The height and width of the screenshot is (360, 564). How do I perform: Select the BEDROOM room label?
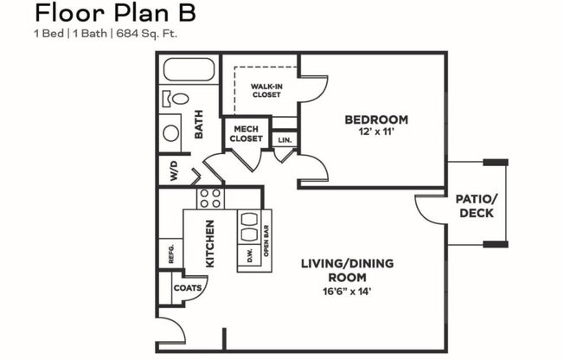(375, 119)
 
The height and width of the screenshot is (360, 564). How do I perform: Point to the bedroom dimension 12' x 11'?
(375, 133)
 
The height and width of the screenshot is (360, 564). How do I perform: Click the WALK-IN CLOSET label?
(267, 91)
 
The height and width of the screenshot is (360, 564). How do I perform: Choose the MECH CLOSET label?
(246, 134)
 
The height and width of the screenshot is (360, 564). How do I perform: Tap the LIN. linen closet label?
(284, 138)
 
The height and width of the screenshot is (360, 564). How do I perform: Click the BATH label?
(198, 130)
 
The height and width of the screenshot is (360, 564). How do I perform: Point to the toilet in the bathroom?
(177, 99)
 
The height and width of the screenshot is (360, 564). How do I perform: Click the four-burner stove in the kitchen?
(210, 198)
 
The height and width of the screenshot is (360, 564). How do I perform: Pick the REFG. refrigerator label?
(171, 254)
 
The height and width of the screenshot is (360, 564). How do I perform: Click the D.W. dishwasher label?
(249, 256)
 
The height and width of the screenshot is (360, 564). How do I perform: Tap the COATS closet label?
(187, 288)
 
